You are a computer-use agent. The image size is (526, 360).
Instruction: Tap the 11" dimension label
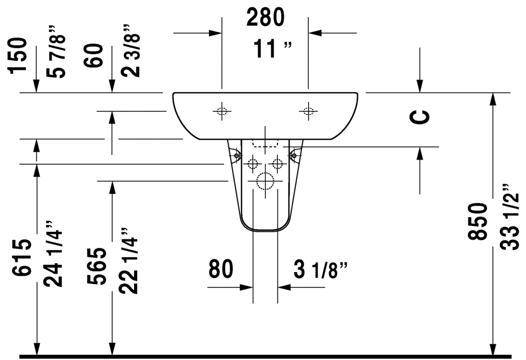point(272,49)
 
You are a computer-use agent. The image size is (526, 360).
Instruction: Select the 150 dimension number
point(17,55)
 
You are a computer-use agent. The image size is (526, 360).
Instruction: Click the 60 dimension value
point(94,55)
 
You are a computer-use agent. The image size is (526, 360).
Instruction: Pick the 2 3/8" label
point(130,50)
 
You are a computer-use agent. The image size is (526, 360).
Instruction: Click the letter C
point(420,117)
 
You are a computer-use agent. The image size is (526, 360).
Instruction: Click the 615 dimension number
point(23,257)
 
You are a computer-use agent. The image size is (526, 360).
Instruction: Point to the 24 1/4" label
point(53,254)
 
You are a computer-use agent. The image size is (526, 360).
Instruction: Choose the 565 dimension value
point(97,266)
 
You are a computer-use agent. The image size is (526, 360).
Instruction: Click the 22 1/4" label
point(129,261)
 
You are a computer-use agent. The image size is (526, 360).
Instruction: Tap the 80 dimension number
point(221,269)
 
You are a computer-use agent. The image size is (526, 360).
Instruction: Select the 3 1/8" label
point(320,269)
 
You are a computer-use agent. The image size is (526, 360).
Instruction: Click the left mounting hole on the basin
point(222,111)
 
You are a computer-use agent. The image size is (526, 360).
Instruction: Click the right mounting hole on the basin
point(308,111)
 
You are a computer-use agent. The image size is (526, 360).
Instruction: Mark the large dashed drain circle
point(265,181)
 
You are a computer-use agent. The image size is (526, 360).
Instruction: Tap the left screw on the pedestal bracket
point(237,156)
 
